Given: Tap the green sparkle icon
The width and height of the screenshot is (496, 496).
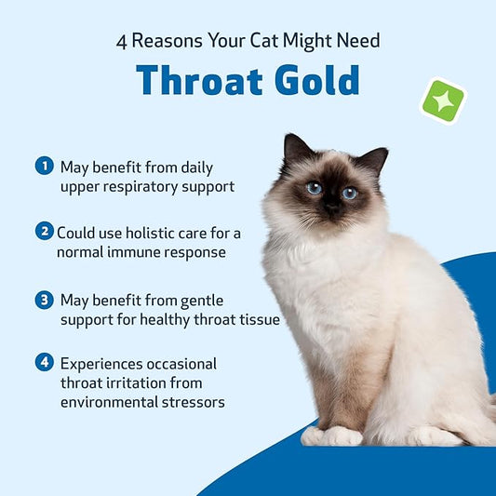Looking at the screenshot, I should pos(443,101).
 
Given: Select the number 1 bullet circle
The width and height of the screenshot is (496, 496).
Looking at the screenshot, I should pos(44,166).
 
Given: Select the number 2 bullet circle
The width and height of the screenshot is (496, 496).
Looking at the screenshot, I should pos(44,232).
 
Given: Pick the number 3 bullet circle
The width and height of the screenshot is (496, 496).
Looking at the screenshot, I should pos(44,300).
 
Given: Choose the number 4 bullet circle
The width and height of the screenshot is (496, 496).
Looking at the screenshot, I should pos(44,363).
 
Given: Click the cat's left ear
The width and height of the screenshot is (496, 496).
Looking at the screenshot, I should pos(297,150).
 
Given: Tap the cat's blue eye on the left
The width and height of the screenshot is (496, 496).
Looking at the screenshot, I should pos(314,187).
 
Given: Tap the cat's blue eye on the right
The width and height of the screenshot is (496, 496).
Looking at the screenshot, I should pos(349,193).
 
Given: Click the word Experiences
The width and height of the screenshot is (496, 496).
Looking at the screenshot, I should pos(101,363).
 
